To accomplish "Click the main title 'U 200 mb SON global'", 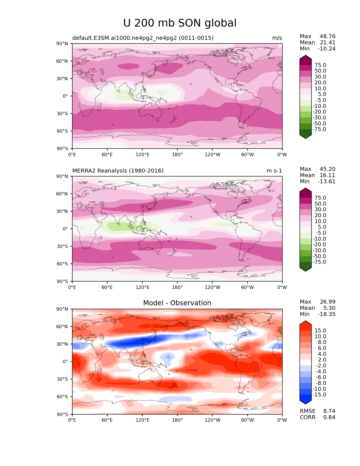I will (x=180, y=23).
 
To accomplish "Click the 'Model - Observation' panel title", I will (x=177, y=303).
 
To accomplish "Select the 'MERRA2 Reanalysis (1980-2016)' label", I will (x=118, y=171).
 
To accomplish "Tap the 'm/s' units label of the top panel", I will (x=277, y=38).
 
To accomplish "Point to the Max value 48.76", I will (x=327, y=36).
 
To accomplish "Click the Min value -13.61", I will (x=326, y=182).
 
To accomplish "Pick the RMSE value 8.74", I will (x=329, y=411).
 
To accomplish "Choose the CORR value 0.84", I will (x=329, y=417).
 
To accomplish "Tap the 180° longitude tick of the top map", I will (x=177, y=154).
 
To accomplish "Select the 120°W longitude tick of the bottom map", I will (x=212, y=420).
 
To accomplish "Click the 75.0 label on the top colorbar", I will (x=320, y=65).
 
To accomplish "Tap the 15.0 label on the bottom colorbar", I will (x=320, y=331).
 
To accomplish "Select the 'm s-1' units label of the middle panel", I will (x=274, y=171).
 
